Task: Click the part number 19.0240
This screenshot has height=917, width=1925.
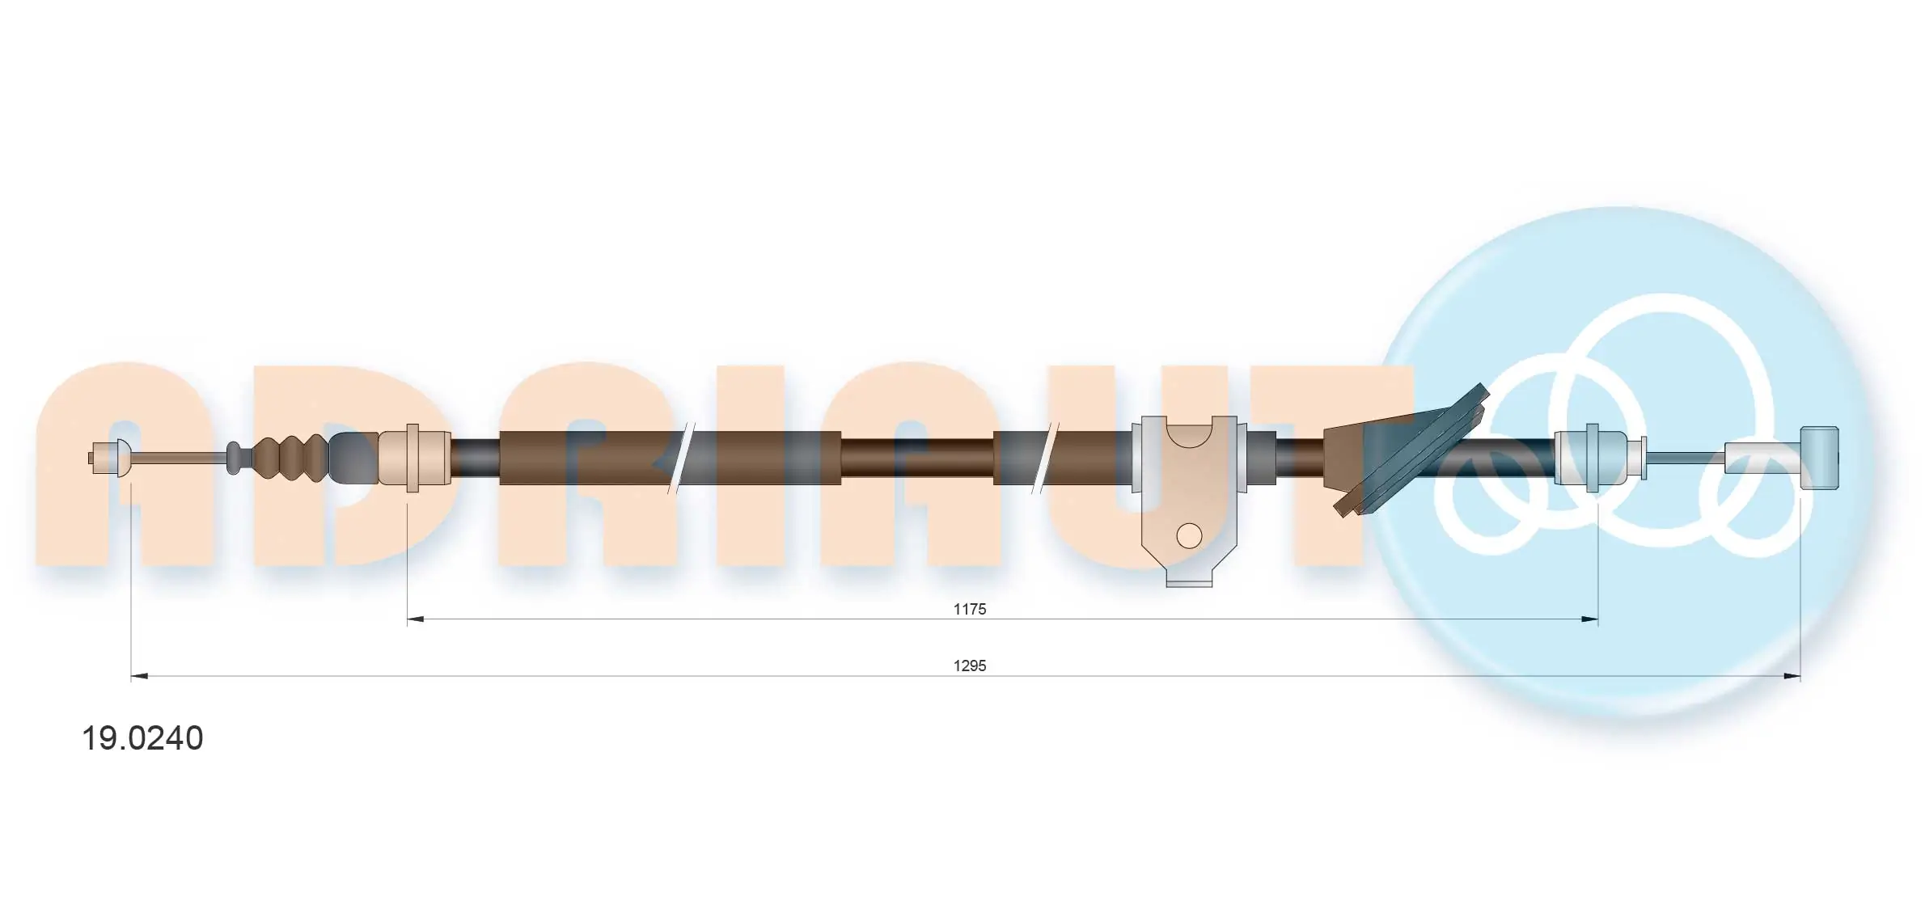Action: [142, 738]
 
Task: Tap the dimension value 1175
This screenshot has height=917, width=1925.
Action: [969, 609]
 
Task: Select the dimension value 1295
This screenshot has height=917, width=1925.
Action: [969, 666]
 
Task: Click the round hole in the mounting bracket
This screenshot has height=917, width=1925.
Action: [1188, 535]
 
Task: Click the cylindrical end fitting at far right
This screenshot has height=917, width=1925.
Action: [1820, 458]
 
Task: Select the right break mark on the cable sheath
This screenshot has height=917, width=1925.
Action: [1043, 458]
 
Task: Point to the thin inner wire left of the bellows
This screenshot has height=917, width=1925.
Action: [178, 458]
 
